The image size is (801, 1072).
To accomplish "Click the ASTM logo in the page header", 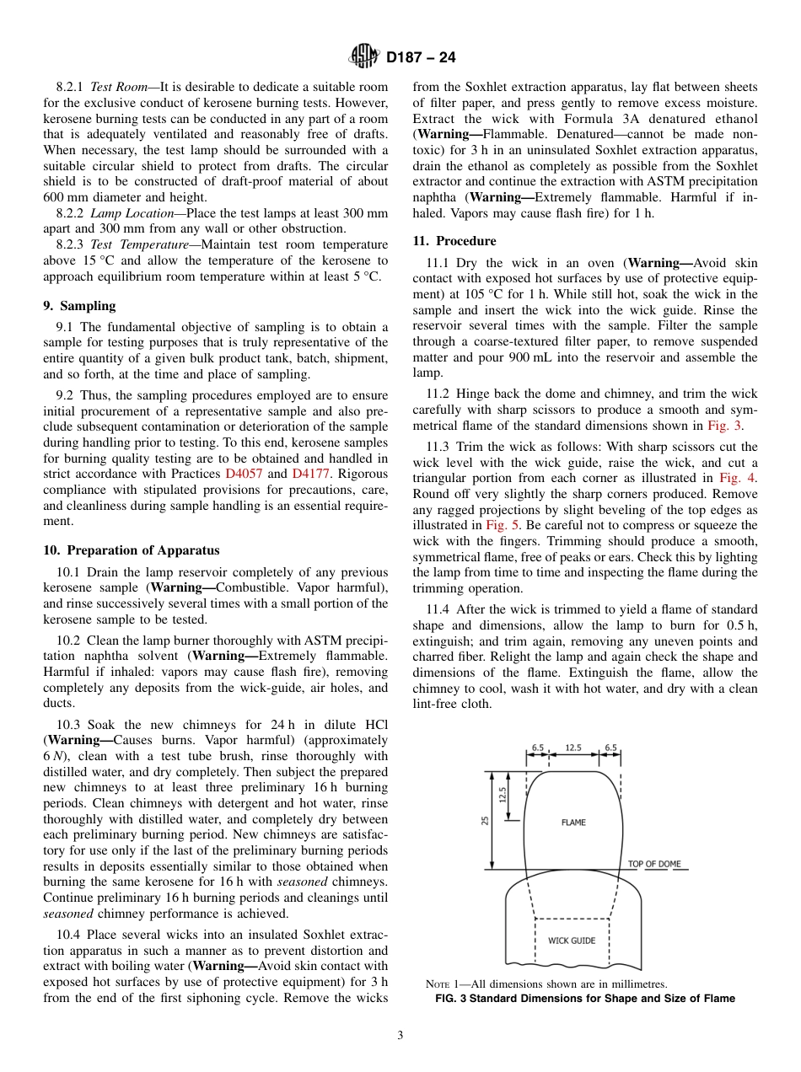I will pyautogui.click(x=364, y=56).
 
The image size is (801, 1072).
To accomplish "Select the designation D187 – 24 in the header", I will pyautogui.click(x=421, y=57).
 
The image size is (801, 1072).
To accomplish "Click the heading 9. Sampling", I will pyautogui.click(x=79, y=306).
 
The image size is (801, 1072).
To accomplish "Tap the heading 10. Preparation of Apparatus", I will pyautogui.click(x=131, y=550).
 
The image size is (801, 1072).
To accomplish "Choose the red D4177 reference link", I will pyautogui.click(x=310, y=474).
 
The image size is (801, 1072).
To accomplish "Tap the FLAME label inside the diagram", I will pyautogui.click(x=573, y=823).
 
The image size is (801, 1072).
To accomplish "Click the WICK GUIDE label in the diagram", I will pyautogui.click(x=572, y=941).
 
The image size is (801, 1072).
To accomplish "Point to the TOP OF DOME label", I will pyautogui.click(x=653, y=864).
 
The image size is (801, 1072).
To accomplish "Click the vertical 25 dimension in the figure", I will pyautogui.click(x=485, y=819).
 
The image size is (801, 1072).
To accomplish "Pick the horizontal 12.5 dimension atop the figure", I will pyautogui.click(x=573, y=747).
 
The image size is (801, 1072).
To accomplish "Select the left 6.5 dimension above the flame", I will pyautogui.click(x=538, y=747).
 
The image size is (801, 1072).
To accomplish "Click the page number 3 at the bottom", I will pyautogui.click(x=400, y=1036).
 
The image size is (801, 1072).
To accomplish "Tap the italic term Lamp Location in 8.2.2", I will pyautogui.click(x=129, y=214).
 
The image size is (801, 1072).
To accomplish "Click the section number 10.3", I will pyautogui.click(x=71, y=725).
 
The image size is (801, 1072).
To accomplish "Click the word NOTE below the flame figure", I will pyautogui.click(x=441, y=984).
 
